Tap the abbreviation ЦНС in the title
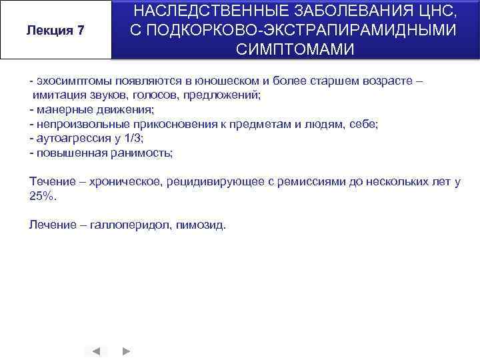(438, 11)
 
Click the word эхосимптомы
(66, 81)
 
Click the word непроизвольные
(75, 124)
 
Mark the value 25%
(43, 196)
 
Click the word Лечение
(51, 225)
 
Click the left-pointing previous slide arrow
(96, 351)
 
